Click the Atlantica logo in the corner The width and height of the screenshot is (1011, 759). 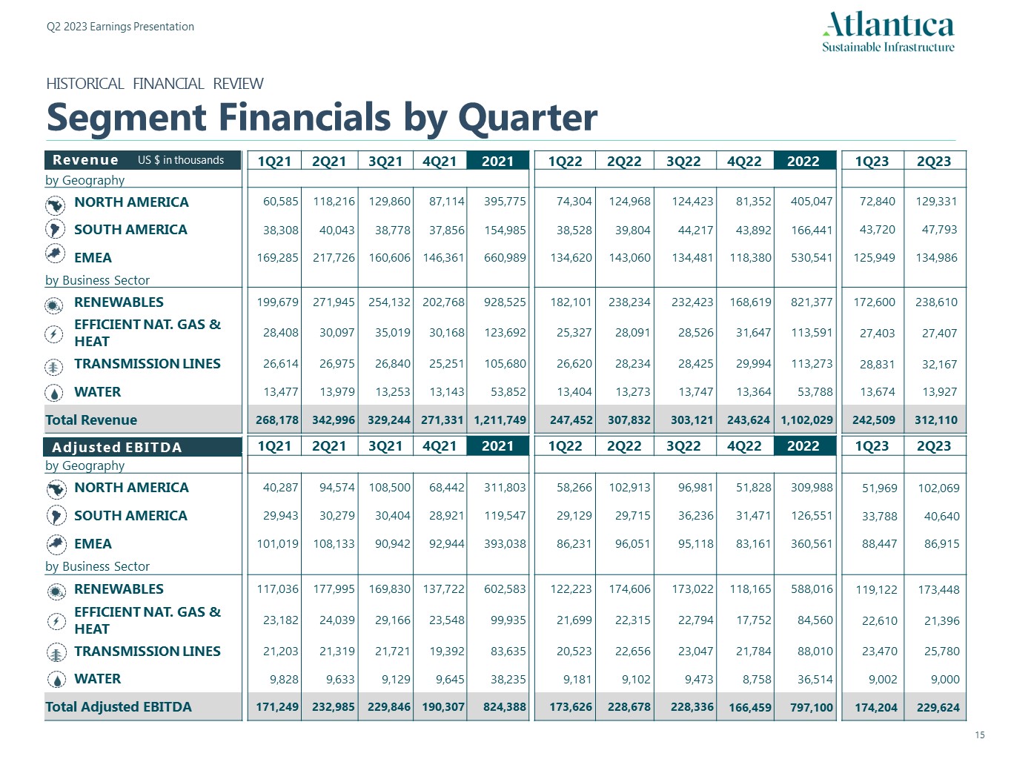[x=888, y=32]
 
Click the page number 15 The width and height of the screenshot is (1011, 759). [x=980, y=735]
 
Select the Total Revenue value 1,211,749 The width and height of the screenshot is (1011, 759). [x=500, y=420]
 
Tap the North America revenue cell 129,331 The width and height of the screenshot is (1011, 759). [x=936, y=202]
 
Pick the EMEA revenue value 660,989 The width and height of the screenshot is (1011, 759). [x=505, y=258]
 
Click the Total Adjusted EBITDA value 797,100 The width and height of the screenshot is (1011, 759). [x=812, y=707]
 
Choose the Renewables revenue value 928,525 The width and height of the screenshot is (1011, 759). [x=505, y=302]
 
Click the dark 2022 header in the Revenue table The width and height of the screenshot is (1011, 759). [x=803, y=161]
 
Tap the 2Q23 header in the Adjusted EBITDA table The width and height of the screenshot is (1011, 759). [x=934, y=446]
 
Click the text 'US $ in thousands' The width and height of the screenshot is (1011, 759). [x=181, y=160]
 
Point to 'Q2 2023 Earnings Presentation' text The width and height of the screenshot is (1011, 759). [x=120, y=27]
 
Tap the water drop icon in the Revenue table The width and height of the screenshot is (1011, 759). [x=55, y=393]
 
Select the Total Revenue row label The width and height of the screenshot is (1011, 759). [x=91, y=420]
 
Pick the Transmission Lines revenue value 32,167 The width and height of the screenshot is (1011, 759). [x=939, y=365]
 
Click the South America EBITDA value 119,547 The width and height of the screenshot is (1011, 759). [x=505, y=516]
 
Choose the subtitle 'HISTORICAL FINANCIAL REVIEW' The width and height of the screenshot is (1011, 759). [x=154, y=84]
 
